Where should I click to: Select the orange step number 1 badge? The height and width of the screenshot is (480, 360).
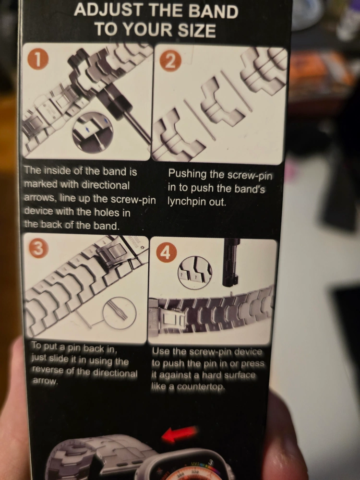click(x=38, y=60)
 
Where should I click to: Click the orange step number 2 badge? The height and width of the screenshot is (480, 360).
click(x=170, y=61)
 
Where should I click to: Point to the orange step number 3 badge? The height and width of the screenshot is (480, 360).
click(x=38, y=248)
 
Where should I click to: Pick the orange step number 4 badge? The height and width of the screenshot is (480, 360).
click(x=167, y=253)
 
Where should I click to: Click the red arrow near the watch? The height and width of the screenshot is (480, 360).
click(x=179, y=434)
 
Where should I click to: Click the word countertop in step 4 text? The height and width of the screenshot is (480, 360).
click(x=201, y=387)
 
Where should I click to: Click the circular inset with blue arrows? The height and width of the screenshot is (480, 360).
click(x=93, y=132)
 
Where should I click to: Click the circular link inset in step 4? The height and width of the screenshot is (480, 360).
click(x=195, y=273)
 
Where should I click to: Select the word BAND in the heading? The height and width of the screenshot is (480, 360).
click(x=213, y=12)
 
